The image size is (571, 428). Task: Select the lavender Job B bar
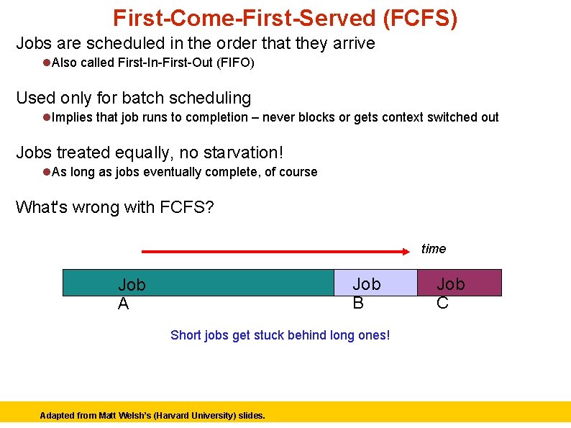(x=375, y=283)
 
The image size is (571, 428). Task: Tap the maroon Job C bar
(x=460, y=283)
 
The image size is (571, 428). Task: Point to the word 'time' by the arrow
(x=433, y=249)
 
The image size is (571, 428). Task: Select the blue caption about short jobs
(x=280, y=335)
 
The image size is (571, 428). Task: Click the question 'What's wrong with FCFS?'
(x=114, y=207)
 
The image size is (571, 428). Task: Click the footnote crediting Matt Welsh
(x=152, y=415)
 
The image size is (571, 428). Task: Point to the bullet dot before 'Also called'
(x=46, y=63)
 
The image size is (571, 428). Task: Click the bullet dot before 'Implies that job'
(x=46, y=117)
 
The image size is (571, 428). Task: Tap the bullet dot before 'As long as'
(x=46, y=172)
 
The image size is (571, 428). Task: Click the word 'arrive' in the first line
(x=352, y=43)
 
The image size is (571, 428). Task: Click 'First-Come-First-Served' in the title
(x=243, y=18)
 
